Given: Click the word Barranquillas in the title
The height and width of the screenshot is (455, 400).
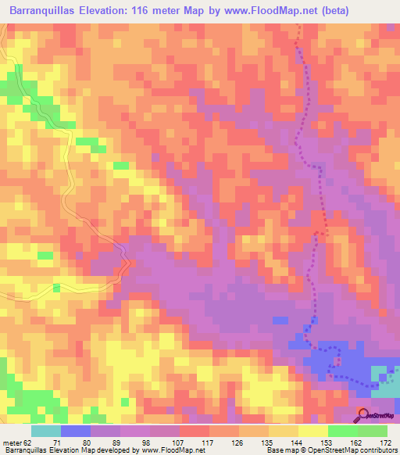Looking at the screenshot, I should pos(44,11).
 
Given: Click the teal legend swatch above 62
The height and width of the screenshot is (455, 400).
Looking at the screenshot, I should pos(45,431).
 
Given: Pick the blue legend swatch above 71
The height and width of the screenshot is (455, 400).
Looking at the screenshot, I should pos(76,431).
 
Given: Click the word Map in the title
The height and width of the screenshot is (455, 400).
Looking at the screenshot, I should pos(216,11).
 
